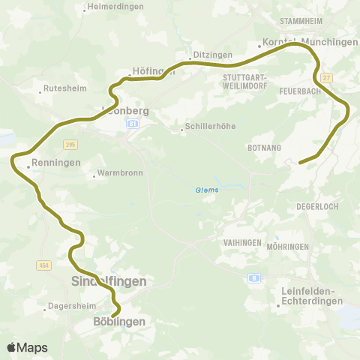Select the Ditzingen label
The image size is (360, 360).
click(208, 55)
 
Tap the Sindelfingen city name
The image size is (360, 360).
click(108, 281)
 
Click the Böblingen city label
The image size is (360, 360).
click(118, 321)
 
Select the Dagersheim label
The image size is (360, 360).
click(69, 306)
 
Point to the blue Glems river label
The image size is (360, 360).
click(207, 190)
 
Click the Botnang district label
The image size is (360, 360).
click(262, 148)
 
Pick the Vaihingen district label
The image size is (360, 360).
click(241, 243)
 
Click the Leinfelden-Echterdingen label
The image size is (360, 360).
click(310, 295)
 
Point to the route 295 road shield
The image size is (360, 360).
click(71, 144)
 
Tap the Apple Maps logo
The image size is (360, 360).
click(27, 347)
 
